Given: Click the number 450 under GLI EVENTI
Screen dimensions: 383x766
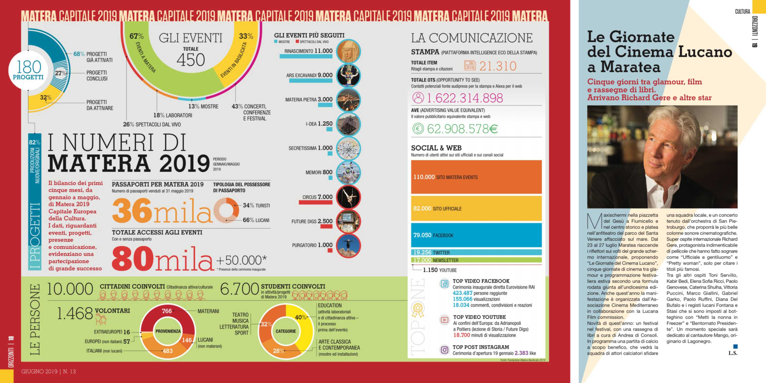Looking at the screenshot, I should coord(191,60).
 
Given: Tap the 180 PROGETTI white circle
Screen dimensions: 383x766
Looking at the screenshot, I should coord(28,70).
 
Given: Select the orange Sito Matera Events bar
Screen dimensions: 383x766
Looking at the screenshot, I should coord(476,177).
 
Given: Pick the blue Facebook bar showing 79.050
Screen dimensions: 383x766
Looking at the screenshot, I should coord(476,235).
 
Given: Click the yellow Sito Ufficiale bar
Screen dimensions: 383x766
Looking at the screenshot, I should coord(476,209).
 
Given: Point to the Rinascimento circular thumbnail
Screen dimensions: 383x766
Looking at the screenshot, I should coord(348,51).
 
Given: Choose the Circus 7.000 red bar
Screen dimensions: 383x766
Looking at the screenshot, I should coord(315,203).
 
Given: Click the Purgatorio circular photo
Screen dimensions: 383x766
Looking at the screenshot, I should coord(348,246).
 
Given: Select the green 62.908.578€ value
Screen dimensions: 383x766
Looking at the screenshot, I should coord(462,129).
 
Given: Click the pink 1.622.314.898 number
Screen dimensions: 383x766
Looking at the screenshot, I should coord(464,98).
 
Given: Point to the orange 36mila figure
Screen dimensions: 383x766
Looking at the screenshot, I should coord(162,211).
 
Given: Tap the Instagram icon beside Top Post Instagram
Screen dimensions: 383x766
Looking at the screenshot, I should coord(444,350).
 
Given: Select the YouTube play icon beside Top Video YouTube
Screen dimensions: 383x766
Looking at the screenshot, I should coord(444,320).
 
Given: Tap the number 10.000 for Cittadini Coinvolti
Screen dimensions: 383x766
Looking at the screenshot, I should coord(70,289).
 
